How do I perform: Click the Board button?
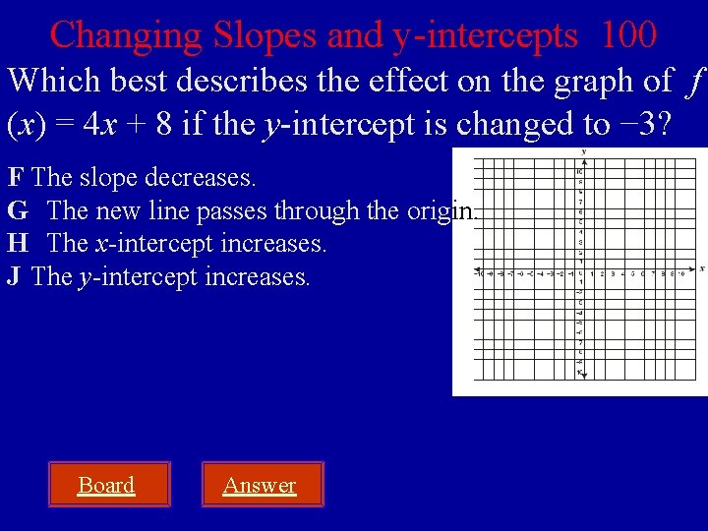click(x=106, y=485)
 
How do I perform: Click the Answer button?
click(x=260, y=485)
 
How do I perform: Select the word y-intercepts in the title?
click(x=485, y=35)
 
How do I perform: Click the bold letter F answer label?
click(x=16, y=178)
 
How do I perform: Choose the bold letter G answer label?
click(x=17, y=210)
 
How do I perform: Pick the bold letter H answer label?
click(x=17, y=243)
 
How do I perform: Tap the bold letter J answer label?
click(x=14, y=276)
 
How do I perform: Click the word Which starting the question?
click(x=48, y=81)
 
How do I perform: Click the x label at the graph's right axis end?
click(x=701, y=268)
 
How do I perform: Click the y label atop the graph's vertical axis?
click(x=583, y=151)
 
